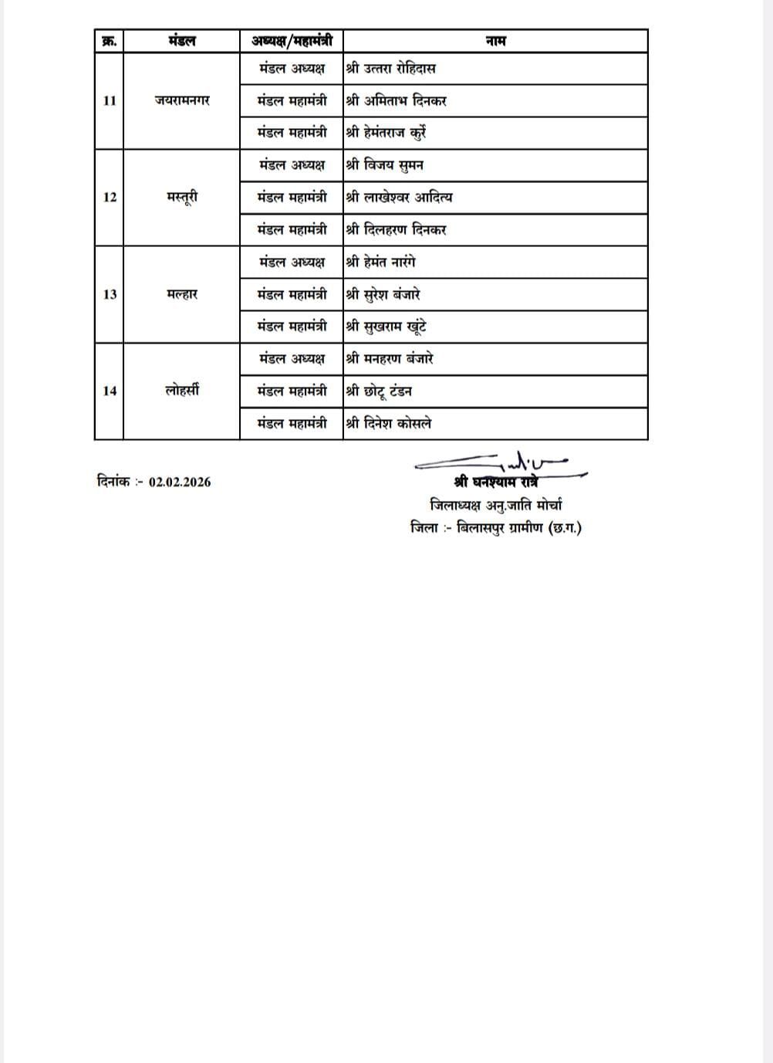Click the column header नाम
tap(495, 41)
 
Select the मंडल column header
tap(181, 41)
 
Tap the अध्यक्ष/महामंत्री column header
tap(292, 41)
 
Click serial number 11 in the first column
tap(109, 100)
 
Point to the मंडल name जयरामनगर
tap(181, 100)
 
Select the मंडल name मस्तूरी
tap(181, 198)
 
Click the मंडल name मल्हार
tap(181, 294)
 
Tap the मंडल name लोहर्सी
tap(181, 391)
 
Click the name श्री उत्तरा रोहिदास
tap(390, 69)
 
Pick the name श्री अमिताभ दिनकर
tap(396, 100)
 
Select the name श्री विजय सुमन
tap(384, 165)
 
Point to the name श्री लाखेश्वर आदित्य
tap(399, 198)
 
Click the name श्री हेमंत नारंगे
tap(380, 262)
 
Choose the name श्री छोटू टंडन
tap(379, 391)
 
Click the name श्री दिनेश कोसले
tap(388, 424)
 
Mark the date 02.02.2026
tap(180, 482)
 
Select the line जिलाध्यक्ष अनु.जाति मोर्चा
tap(496, 506)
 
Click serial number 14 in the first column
tap(109, 391)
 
